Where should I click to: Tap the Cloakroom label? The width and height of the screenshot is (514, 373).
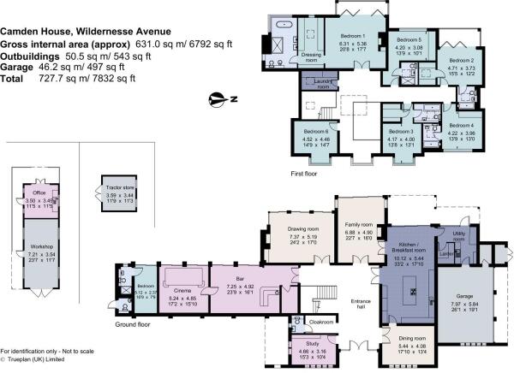321,322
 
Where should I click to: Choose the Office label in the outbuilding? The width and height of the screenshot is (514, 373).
39,193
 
